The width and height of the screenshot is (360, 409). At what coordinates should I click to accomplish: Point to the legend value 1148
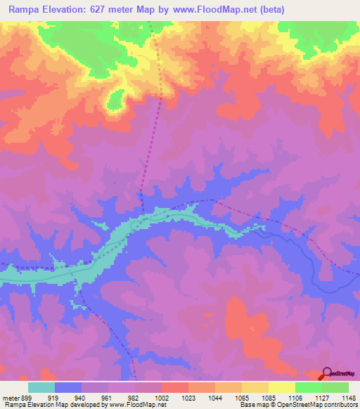pos(348,396)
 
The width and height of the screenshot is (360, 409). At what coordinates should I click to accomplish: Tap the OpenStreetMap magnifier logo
pos(327,373)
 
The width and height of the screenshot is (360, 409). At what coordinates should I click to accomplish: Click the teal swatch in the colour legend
pos(41,387)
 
